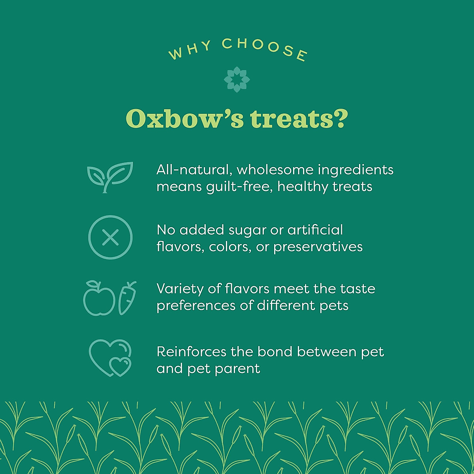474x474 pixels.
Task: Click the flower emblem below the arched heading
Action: tap(237, 79)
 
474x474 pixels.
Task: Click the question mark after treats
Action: tap(340, 118)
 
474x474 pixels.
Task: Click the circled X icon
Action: tap(110, 237)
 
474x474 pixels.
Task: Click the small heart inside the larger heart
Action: tap(120, 366)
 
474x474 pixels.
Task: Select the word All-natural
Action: tap(193, 170)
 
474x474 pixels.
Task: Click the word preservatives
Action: tap(318, 247)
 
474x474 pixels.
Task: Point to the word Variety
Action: tap(180, 289)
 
